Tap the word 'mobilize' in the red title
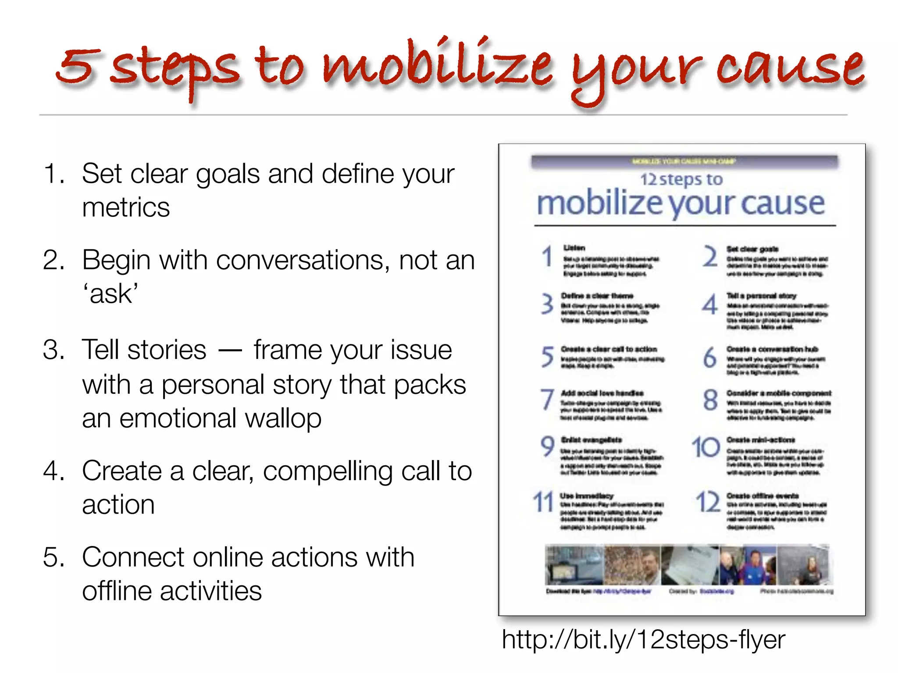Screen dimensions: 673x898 click(436, 66)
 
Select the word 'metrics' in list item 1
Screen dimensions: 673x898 click(126, 208)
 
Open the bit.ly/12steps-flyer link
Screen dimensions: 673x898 click(643, 640)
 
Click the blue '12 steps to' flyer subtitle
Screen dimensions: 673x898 click(681, 179)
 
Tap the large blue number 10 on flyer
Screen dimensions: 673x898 click(706, 448)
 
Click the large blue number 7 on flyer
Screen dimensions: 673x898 click(547, 400)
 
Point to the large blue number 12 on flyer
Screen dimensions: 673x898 click(708, 502)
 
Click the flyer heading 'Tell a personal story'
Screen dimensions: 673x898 click(761, 296)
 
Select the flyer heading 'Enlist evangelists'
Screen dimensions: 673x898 click(592, 440)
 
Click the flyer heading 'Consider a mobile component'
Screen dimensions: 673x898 click(779, 393)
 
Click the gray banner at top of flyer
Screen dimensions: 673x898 click(684, 161)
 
